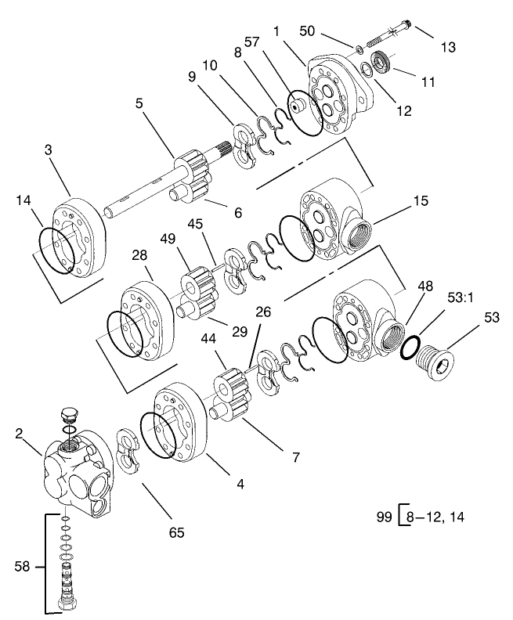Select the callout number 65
point(177,533)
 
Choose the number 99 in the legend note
point(384,517)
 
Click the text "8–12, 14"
point(435,517)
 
